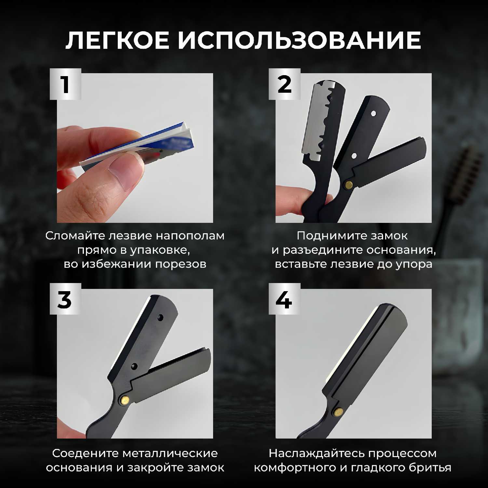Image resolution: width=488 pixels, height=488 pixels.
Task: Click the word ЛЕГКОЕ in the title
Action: [117, 41]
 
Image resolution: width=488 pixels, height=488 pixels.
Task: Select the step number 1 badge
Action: [65, 84]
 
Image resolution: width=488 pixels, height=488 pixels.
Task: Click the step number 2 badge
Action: [284, 84]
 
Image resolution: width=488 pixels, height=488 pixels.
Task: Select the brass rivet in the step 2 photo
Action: [349, 186]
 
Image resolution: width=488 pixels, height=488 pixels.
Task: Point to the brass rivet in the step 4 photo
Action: [338, 413]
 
